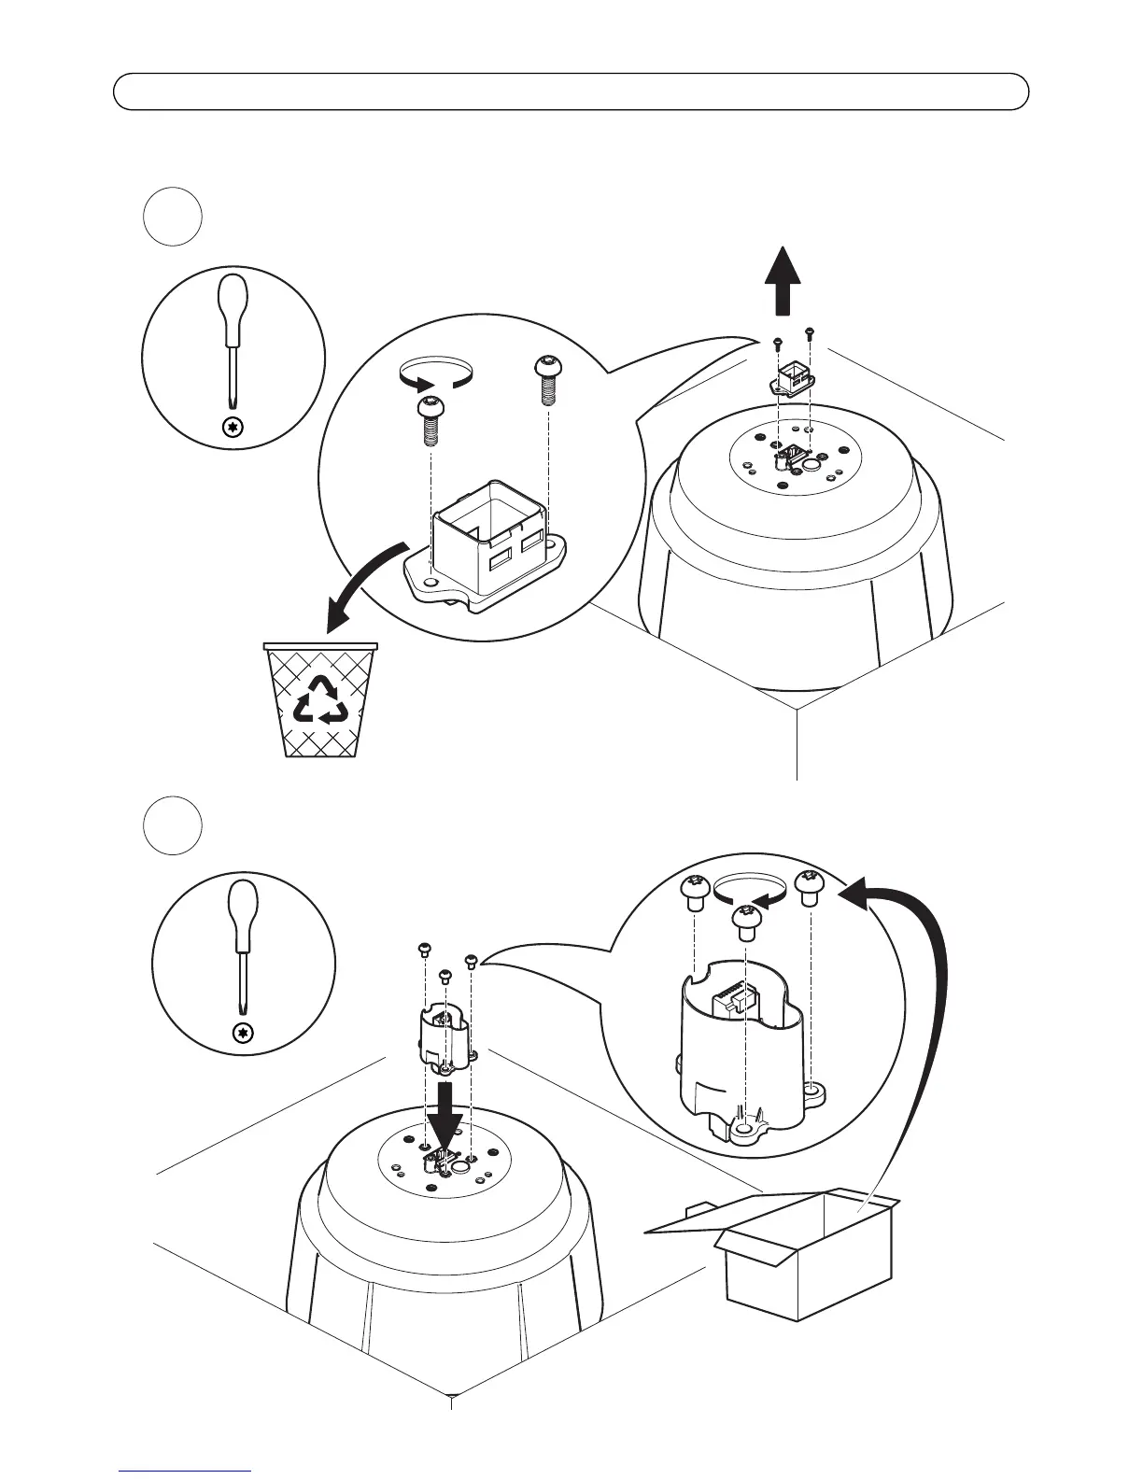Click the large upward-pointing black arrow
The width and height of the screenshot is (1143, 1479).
783,280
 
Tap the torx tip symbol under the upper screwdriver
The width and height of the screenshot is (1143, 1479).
233,428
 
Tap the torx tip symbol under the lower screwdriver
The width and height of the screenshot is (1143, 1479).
244,1033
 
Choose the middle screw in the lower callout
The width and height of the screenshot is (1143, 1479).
745,922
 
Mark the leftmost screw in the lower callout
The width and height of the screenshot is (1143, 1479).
694,894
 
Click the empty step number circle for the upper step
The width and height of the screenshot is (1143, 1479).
173,218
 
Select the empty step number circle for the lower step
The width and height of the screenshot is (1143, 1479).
173,824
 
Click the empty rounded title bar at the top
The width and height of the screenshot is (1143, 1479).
571,92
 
